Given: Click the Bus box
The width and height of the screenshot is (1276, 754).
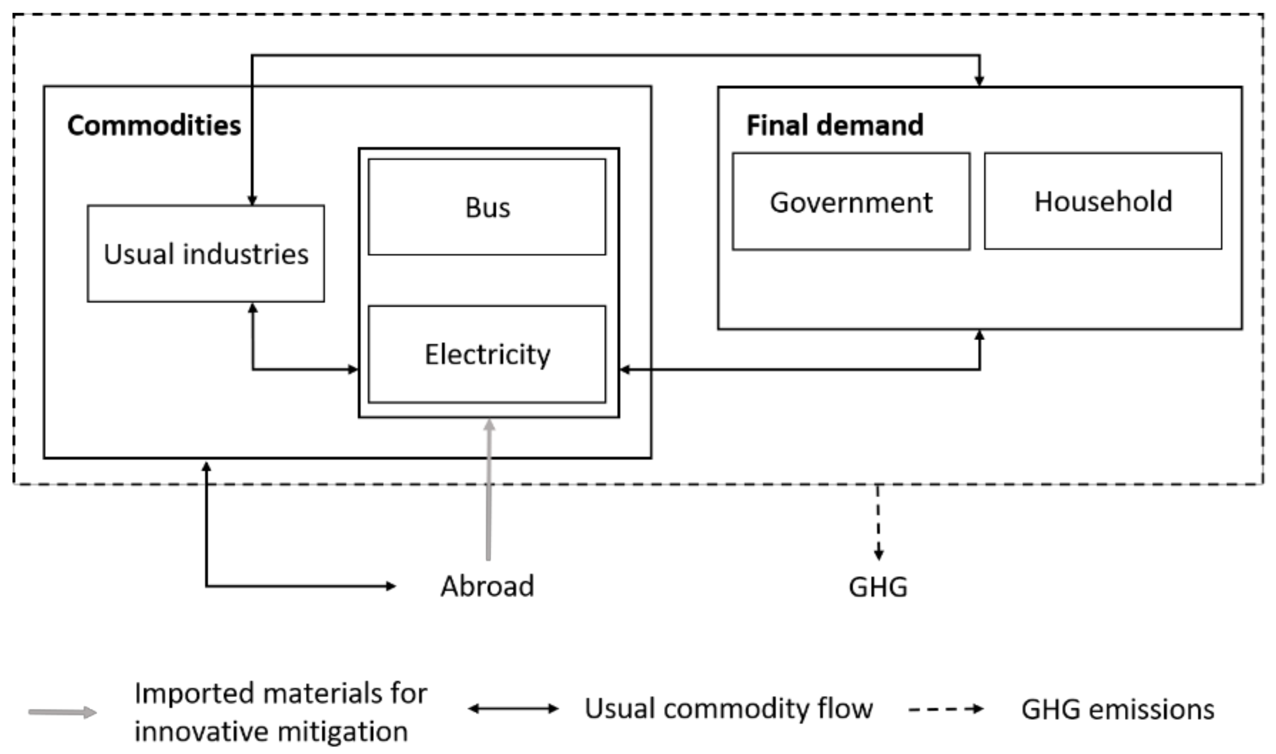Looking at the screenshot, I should click(487, 207).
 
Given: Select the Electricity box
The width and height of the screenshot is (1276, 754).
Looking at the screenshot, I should click(487, 354).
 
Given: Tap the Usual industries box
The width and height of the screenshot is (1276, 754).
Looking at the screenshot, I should click(206, 254).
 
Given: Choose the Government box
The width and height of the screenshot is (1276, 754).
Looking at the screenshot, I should click(851, 202).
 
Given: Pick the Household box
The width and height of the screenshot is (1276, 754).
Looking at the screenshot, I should click(1103, 201).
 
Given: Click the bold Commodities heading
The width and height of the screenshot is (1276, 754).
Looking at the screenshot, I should click(154, 125).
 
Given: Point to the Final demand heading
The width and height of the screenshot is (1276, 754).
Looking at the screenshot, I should click(834, 125).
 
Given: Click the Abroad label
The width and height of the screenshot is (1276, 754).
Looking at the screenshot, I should click(487, 586).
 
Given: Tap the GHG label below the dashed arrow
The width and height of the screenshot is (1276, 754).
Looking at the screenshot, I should click(878, 587).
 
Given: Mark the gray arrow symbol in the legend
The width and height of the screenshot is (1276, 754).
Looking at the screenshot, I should click(62, 712).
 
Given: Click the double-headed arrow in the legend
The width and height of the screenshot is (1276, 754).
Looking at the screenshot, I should click(513, 708).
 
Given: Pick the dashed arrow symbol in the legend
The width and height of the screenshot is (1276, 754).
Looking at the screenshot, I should click(945, 709).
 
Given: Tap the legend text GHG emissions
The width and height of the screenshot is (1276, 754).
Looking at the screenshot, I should click(1118, 709).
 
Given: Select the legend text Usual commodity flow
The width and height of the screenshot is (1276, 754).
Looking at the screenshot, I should click(728, 708).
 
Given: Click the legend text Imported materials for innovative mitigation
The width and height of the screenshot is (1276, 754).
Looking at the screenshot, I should click(280, 712).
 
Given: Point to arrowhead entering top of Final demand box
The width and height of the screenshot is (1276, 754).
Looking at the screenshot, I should click(979, 81).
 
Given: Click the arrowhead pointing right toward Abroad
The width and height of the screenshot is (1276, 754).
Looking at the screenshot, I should click(391, 586).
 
